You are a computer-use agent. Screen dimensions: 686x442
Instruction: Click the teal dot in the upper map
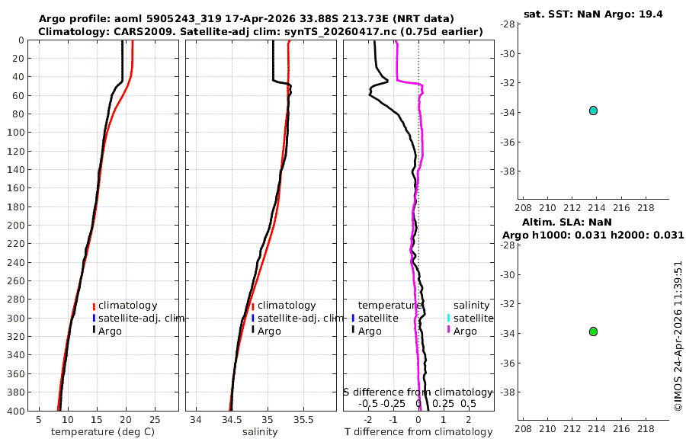tap(593, 110)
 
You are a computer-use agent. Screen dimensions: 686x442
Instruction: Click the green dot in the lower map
tap(593, 331)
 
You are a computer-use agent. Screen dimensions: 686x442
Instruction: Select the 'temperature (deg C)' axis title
tap(103, 432)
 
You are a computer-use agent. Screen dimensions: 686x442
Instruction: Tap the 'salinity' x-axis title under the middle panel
tap(260, 432)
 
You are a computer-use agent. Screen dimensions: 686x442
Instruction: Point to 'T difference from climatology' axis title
tap(418, 432)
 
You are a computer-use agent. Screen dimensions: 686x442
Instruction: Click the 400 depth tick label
tap(16, 411)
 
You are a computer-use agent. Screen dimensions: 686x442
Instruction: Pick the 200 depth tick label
tap(16, 225)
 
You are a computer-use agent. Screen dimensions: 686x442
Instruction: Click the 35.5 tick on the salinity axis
tap(303, 420)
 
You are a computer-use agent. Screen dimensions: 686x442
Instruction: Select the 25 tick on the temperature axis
tap(155, 420)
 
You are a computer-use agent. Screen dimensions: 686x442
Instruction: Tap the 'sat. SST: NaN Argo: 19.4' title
tap(593, 14)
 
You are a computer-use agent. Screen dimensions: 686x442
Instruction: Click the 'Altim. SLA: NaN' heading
tap(566, 222)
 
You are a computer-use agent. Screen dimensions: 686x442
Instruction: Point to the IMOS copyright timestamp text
tap(678, 336)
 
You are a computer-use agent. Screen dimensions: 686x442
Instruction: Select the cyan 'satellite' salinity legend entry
tap(471, 318)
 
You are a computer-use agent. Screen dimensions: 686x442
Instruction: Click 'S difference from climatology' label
tap(418, 392)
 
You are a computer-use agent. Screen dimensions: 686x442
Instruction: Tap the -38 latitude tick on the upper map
tap(508, 171)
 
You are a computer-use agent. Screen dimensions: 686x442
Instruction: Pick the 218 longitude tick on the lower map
tap(646, 428)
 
